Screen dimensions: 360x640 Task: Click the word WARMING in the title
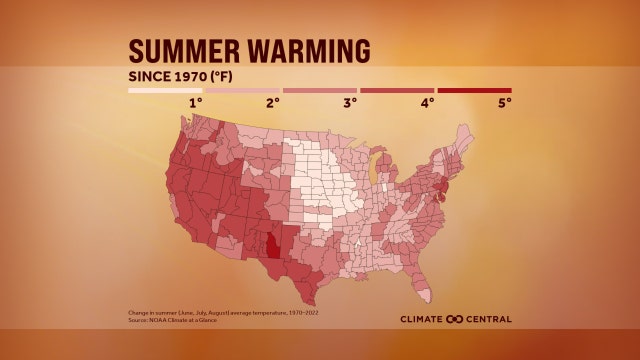[306, 52]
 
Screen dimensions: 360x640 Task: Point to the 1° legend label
[197, 102]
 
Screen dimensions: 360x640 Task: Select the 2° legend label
[273, 102]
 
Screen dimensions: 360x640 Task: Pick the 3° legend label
[350, 102]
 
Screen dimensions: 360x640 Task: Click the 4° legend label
[427, 102]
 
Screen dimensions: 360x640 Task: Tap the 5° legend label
[504, 102]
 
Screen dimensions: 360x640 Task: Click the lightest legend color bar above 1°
[165, 90]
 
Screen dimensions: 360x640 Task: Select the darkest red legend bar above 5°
[474, 90]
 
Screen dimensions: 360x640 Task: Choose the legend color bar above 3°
[319, 90]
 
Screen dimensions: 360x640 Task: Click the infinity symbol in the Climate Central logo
[455, 319]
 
